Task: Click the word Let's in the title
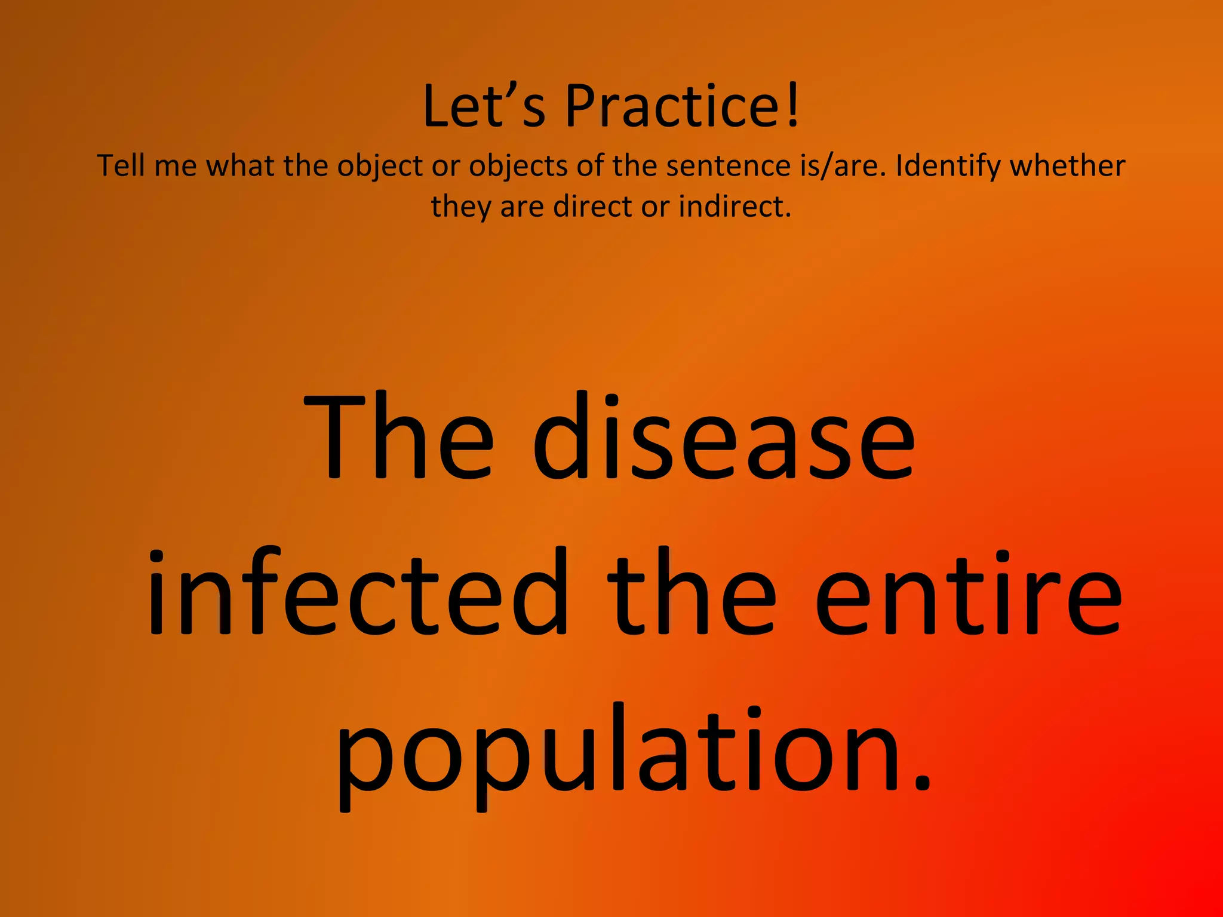pyautogui.click(x=484, y=106)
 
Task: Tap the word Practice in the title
pyautogui.click(x=671, y=106)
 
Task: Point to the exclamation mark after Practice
pyautogui.click(x=793, y=106)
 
